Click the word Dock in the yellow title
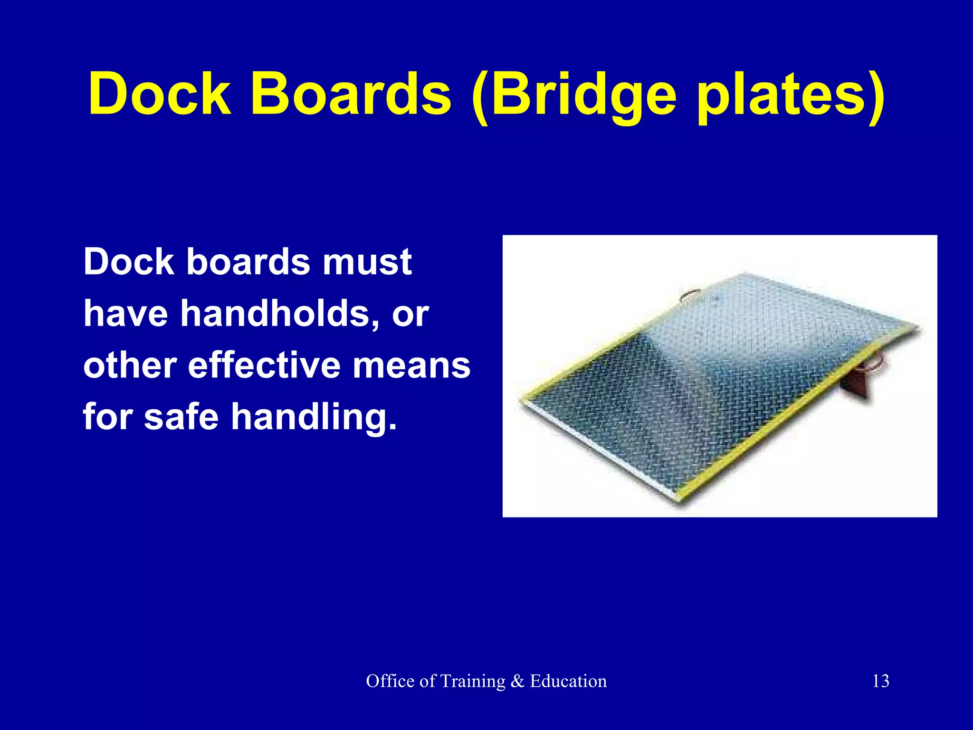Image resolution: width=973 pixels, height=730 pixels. click(x=160, y=93)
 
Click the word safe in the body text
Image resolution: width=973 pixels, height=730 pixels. click(x=181, y=416)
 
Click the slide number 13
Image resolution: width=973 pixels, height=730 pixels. click(x=880, y=681)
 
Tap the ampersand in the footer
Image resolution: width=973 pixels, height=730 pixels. click(x=517, y=681)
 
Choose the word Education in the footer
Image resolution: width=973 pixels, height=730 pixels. click(x=568, y=681)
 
